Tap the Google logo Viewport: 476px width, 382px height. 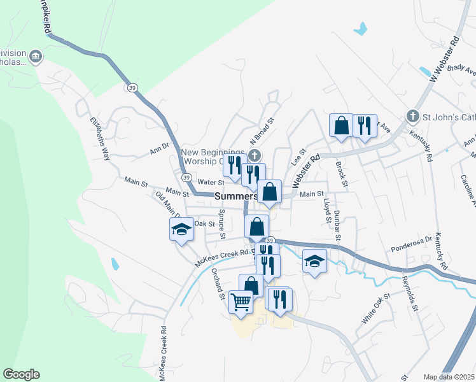click(21, 374)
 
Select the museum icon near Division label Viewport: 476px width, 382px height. click(36, 57)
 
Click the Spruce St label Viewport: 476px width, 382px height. click(222, 224)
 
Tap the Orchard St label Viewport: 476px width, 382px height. click(218, 284)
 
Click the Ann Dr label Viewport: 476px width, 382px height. click(159, 151)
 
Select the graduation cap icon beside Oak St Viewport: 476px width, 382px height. click(181, 230)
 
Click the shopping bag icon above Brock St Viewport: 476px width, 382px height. click(341, 125)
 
